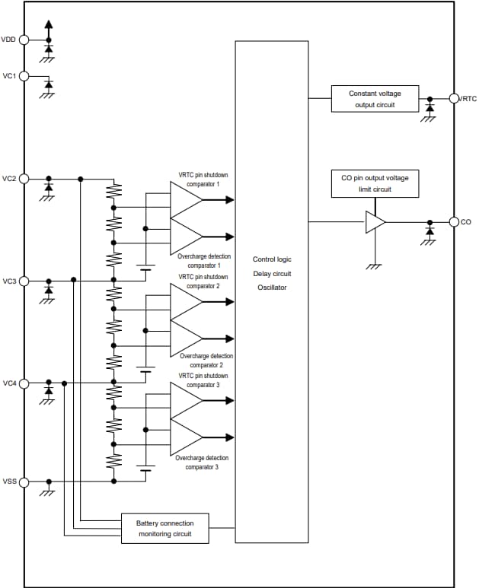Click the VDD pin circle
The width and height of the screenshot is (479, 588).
[x=24, y=40]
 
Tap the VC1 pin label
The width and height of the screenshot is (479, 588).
[x=9, y=76]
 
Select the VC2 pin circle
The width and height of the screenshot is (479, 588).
[x=24, y=179]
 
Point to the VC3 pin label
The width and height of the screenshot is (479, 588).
[x=9, y=281]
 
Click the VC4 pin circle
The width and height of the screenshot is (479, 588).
[x=24, y=383]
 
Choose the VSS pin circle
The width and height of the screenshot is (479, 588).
[x=24, y=482]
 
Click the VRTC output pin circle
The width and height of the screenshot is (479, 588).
[x=454, y=98]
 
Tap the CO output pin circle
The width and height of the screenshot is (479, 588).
[x=454, y=222]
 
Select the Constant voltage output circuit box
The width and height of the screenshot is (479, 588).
[x=375, y=99]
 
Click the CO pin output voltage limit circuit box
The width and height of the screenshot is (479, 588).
[x=375, y=183]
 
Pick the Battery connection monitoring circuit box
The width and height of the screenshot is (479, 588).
[x=165, y=529]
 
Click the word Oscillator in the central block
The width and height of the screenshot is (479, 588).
[x=271, y=288]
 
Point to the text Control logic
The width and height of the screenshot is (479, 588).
[x=271, y=259]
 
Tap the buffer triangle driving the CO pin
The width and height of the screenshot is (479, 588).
[x=375, y=222]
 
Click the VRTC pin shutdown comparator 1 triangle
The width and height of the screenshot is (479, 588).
[x=185, y=200]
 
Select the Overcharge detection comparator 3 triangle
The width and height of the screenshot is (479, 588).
[x=185, y=437]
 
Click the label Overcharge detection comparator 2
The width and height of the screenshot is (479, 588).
[x=206, y=361]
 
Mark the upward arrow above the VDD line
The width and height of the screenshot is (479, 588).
[x=49, y=25]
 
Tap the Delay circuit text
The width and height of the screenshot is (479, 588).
[x=271, y=274]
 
